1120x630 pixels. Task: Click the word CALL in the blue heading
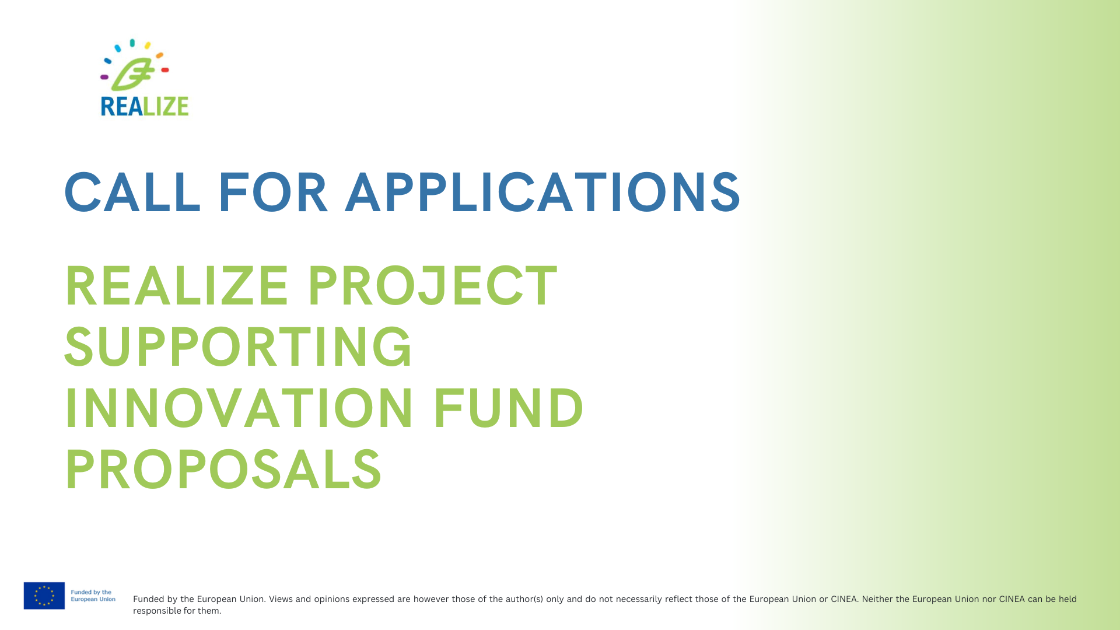[x=132, y=192]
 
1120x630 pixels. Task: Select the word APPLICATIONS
[x=543, y=192]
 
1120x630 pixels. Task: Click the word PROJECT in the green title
[x=432, y=286]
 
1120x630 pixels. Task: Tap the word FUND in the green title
[x=508, y=408]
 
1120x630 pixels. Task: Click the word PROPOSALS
[x=223, y=470]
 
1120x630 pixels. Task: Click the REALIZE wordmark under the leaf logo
[x=145, y=106]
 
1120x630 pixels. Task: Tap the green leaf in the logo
[x=133, y=74]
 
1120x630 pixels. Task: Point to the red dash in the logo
[x=165, y=70]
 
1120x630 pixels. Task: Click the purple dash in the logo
[x=104, y=77]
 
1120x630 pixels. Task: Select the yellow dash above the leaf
[x=148, y=45]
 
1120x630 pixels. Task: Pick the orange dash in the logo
[x=159, y=55]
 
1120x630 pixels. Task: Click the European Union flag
[x=44, y=596]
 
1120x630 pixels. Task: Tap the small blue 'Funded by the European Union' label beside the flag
[x=93, y=596]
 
